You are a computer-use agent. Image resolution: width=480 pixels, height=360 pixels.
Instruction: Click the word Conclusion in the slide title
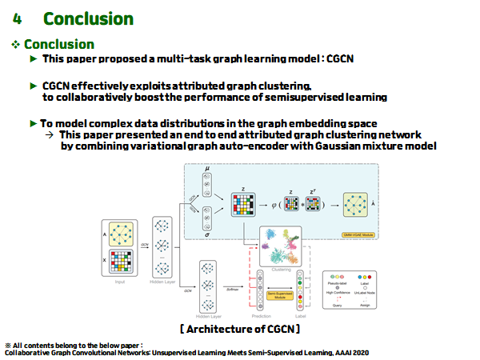pos(88,18)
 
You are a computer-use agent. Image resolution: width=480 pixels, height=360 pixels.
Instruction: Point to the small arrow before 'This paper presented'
pos(51,135)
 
